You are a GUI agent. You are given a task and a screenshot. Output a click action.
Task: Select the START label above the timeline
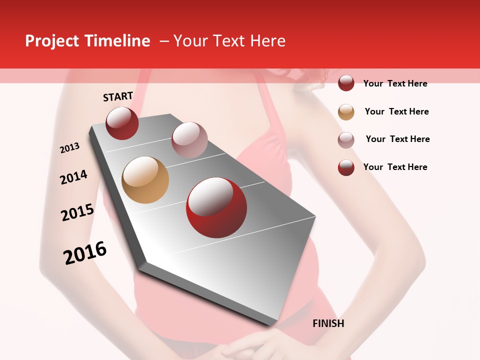pyautogui.click(x=118, y=96)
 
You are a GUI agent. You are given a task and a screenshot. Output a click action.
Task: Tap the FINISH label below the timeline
pyautogui.click(x=328, y=323)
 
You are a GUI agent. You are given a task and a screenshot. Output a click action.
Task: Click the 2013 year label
pyautogui.click(x=70, y=148)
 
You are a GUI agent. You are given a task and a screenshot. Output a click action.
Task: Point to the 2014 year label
pyautogui.click(x=74, y=177)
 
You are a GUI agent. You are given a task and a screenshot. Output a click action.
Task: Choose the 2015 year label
pyautogui.click(x=77, y=212)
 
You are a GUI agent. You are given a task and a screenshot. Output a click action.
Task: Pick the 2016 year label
pyautogui.click(x=85, y=252)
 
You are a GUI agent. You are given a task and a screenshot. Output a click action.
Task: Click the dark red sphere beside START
pyautogui.click(x=122, y=123)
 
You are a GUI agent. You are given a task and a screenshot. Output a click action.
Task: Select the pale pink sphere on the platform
pyautogui.click(x=189, y=139)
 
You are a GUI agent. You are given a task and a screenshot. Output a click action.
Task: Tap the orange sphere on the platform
pyautogui.click(x=145, y=180)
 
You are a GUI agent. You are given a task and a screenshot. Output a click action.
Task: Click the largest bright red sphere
pyautogui.click(x=216, y=207)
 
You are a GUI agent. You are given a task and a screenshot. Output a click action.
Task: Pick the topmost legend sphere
pyautogui.click(x=346, y=83)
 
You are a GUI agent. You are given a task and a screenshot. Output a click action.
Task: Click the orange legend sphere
pyautogui.click(x=346, y=112)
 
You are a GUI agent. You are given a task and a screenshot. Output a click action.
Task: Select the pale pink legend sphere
pyautogui.click(x=346, y=140)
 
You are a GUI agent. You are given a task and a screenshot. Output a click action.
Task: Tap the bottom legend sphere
pyautogui.click(x=346, y=167)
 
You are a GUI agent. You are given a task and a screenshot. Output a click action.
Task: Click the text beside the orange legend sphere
pyautogui.click(x=396, y=111)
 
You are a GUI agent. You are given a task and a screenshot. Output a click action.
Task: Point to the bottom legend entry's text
pyautogui.click(x=395, y=167)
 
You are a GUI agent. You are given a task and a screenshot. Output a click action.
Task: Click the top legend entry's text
pyautogui.click(x=395, y=83)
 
